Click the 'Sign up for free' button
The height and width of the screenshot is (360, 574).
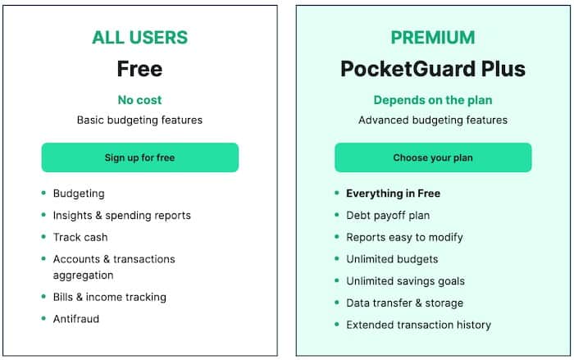140,157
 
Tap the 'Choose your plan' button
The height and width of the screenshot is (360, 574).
433,157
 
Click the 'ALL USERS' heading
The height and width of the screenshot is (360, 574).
140,38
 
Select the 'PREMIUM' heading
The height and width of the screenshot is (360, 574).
433,38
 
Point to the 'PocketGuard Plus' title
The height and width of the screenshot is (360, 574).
433,69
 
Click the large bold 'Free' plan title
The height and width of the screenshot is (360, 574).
140,69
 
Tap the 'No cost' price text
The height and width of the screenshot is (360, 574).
140,100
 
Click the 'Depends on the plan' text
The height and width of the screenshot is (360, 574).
433,100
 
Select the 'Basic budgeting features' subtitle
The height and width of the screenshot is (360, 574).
140,120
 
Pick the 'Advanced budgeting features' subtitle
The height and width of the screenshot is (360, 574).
433,120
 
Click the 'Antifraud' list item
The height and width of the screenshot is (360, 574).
76,319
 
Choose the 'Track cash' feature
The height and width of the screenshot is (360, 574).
80,237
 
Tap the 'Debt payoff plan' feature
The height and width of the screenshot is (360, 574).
388,216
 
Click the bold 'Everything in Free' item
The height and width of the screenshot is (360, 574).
393,194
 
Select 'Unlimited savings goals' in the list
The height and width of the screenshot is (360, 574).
406,281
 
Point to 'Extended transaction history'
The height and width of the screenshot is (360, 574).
419,326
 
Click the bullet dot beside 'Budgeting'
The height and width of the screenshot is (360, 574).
43,193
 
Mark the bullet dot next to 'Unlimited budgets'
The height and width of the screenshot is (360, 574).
337,258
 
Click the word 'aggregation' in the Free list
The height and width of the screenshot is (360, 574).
83,276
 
